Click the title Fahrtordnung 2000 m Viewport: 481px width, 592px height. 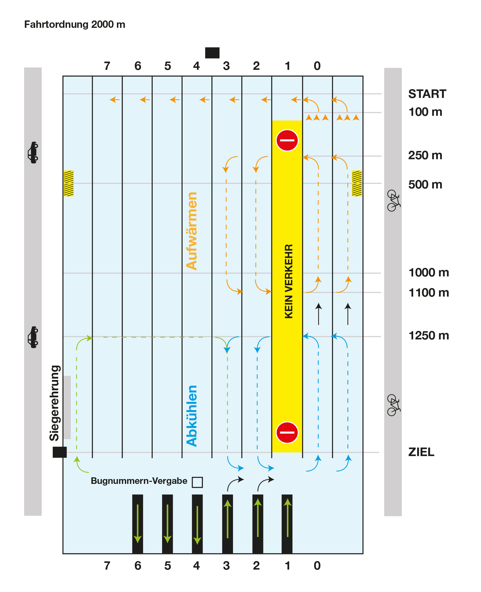[x=75, y=25]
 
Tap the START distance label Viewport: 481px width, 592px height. [x=427, y=94]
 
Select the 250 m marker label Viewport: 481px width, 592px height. [x=425, y=156]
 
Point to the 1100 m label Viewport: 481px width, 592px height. [x=429, y=293]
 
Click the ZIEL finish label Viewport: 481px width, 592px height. [x=421, y=452]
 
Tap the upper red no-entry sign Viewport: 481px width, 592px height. [x=287, y=140]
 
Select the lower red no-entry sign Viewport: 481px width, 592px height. [x=287, y=432]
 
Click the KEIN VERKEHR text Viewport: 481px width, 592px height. [x=289, y=281]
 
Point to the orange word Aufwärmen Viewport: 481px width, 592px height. [x=192, y=231]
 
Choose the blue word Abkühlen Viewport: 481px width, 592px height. [x=192, y=416]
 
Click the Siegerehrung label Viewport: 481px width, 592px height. [x=54, y=403]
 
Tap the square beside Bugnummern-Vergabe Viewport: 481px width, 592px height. [x=197, y=482]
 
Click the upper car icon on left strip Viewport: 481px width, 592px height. [x=33, y=152]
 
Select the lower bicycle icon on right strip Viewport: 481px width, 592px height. [x=393, y=405]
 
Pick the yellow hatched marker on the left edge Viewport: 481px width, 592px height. [x=69, y=183]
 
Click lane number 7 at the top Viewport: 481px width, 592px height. [x=107, y=66]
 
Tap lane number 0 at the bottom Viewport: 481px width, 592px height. [x=317, y=566]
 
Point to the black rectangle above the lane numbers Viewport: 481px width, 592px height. [x=212, y=53]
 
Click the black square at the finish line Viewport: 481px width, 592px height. [x=60, y=452]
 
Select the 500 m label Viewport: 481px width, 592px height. [x=425, y=185]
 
